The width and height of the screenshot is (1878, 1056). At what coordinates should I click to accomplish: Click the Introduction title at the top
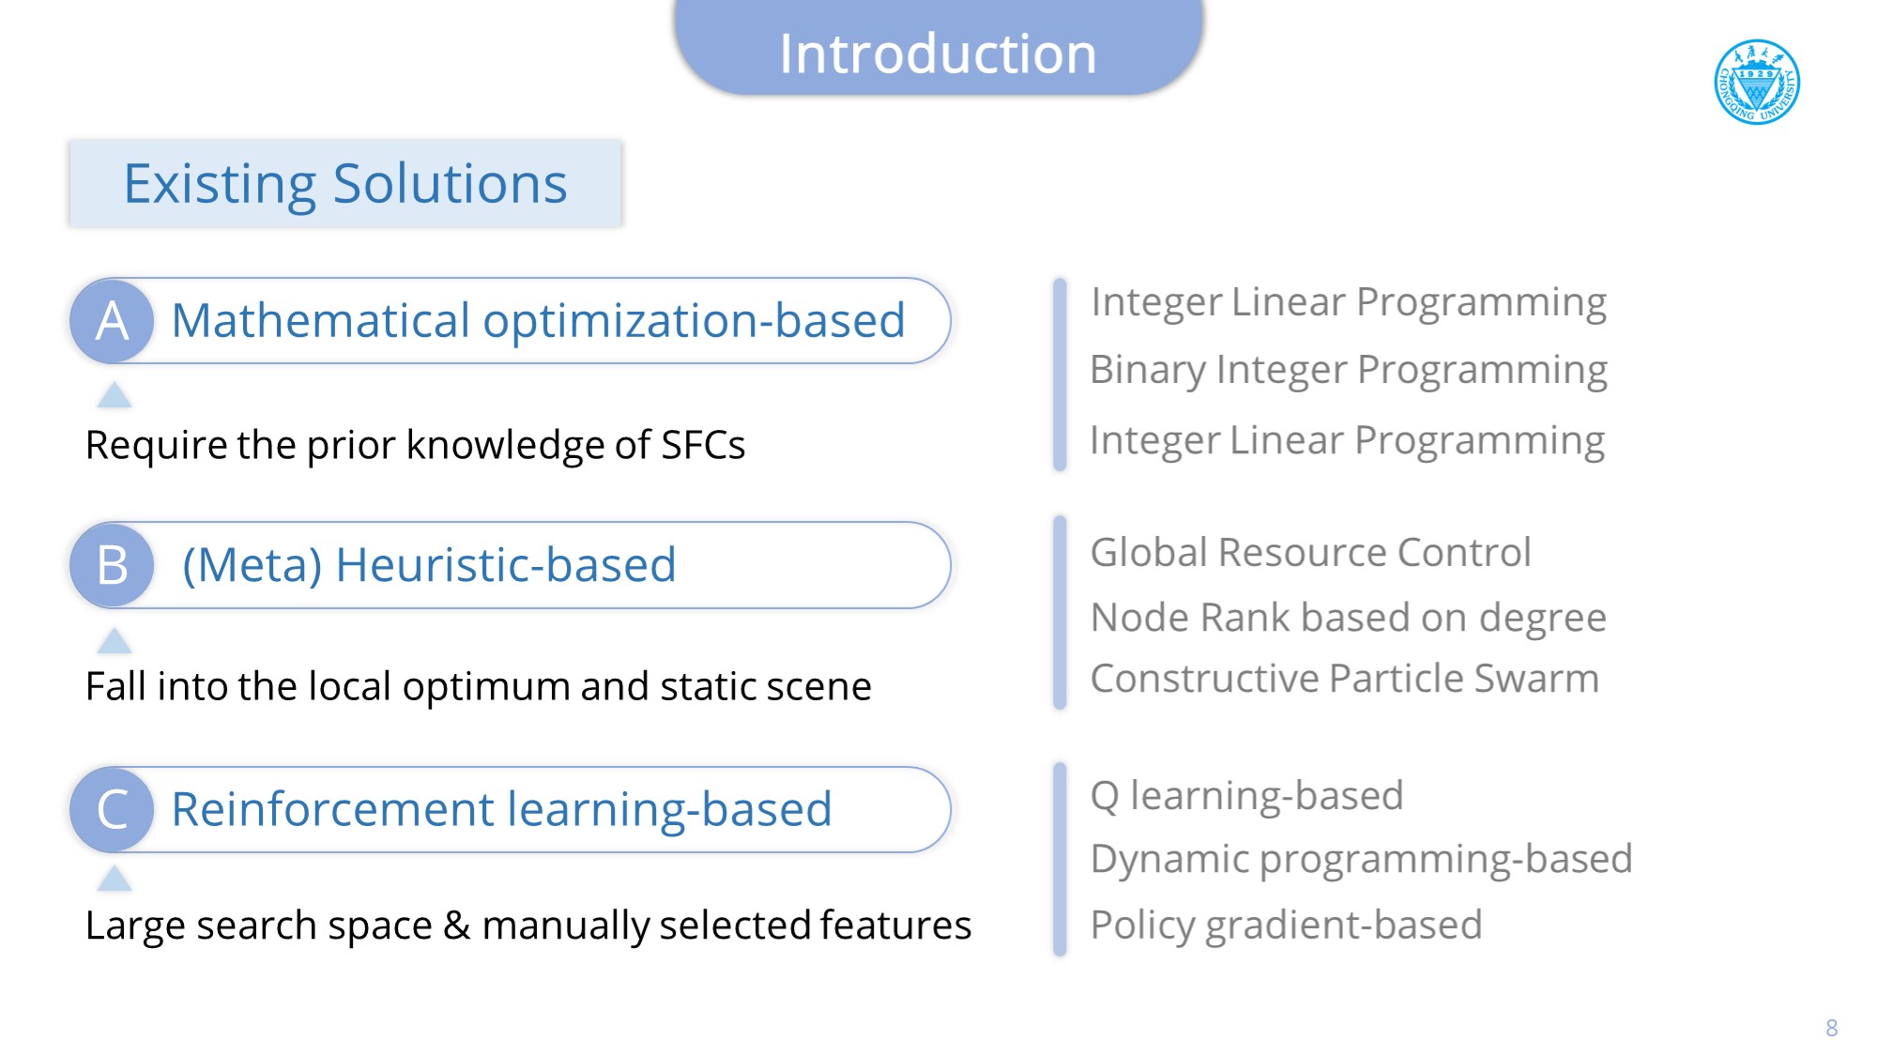coord(938,54)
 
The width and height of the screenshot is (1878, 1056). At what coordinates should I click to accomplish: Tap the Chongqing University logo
coord(1757,82)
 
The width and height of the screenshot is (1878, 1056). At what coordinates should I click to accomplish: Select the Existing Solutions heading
coord(345,183)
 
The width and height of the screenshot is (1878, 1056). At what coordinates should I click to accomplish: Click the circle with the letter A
coord(113,321)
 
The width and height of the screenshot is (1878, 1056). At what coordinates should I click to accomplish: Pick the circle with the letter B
coord(113,565)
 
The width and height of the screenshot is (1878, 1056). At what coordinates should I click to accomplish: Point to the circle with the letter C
coord(113,809)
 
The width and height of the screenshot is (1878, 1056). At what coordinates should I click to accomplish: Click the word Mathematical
coord(321,320)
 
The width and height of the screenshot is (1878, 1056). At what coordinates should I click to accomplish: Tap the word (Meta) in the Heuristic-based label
coord(252,565)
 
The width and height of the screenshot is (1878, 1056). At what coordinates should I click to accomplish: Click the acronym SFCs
coord(703,445)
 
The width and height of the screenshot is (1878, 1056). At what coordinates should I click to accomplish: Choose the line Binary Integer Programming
coord(1349,371)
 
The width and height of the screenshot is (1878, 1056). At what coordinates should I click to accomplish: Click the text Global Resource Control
coord(1310,552)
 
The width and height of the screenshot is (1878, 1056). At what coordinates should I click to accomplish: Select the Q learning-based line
coord(1246,796)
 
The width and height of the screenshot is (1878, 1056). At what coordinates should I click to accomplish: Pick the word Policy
coord(1142,926)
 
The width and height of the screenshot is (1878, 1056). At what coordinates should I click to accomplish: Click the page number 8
coord(1831,1028)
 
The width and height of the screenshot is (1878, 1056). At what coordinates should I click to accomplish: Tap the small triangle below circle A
coord(115,395)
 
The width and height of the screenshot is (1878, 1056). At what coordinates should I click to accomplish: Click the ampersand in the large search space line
coord(457,926)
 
